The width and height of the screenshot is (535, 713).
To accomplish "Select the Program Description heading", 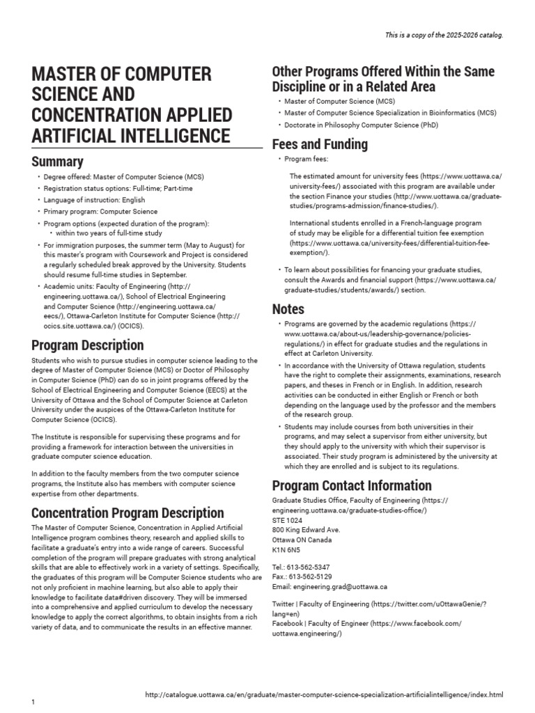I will tap(88, 345).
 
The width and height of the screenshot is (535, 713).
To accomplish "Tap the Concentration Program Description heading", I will tap(127, 513).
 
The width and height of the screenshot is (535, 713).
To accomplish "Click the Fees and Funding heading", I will tap(319, 144).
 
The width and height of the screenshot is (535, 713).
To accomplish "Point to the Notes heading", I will tap(288, 309).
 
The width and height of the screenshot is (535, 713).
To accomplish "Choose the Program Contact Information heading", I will tap(351, 485).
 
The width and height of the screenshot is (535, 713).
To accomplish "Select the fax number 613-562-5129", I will tap(313, 577).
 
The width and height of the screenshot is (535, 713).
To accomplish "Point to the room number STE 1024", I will tap(288, 520).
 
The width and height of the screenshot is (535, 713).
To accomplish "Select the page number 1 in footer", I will tap(33, 703).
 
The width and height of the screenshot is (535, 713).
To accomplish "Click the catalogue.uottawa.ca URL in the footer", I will tap(323, 695).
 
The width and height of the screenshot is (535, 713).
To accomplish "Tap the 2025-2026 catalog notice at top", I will tap(444, 35).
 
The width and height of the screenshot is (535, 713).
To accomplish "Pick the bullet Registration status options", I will tap(118, 189).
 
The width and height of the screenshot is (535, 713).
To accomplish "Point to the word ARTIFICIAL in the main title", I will tap(77, 135).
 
